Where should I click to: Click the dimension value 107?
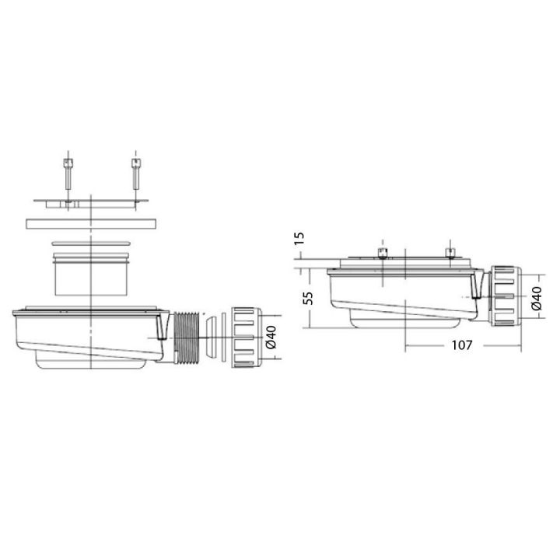pos(461,345)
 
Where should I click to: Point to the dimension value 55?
pos(308,298)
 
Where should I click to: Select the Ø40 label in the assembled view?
pos(537,296)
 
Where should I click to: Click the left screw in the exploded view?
pos(68,176)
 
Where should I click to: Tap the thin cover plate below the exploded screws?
pos(92,203)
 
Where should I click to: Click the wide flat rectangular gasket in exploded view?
pos(92,223)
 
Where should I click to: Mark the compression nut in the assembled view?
pos(505,296)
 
